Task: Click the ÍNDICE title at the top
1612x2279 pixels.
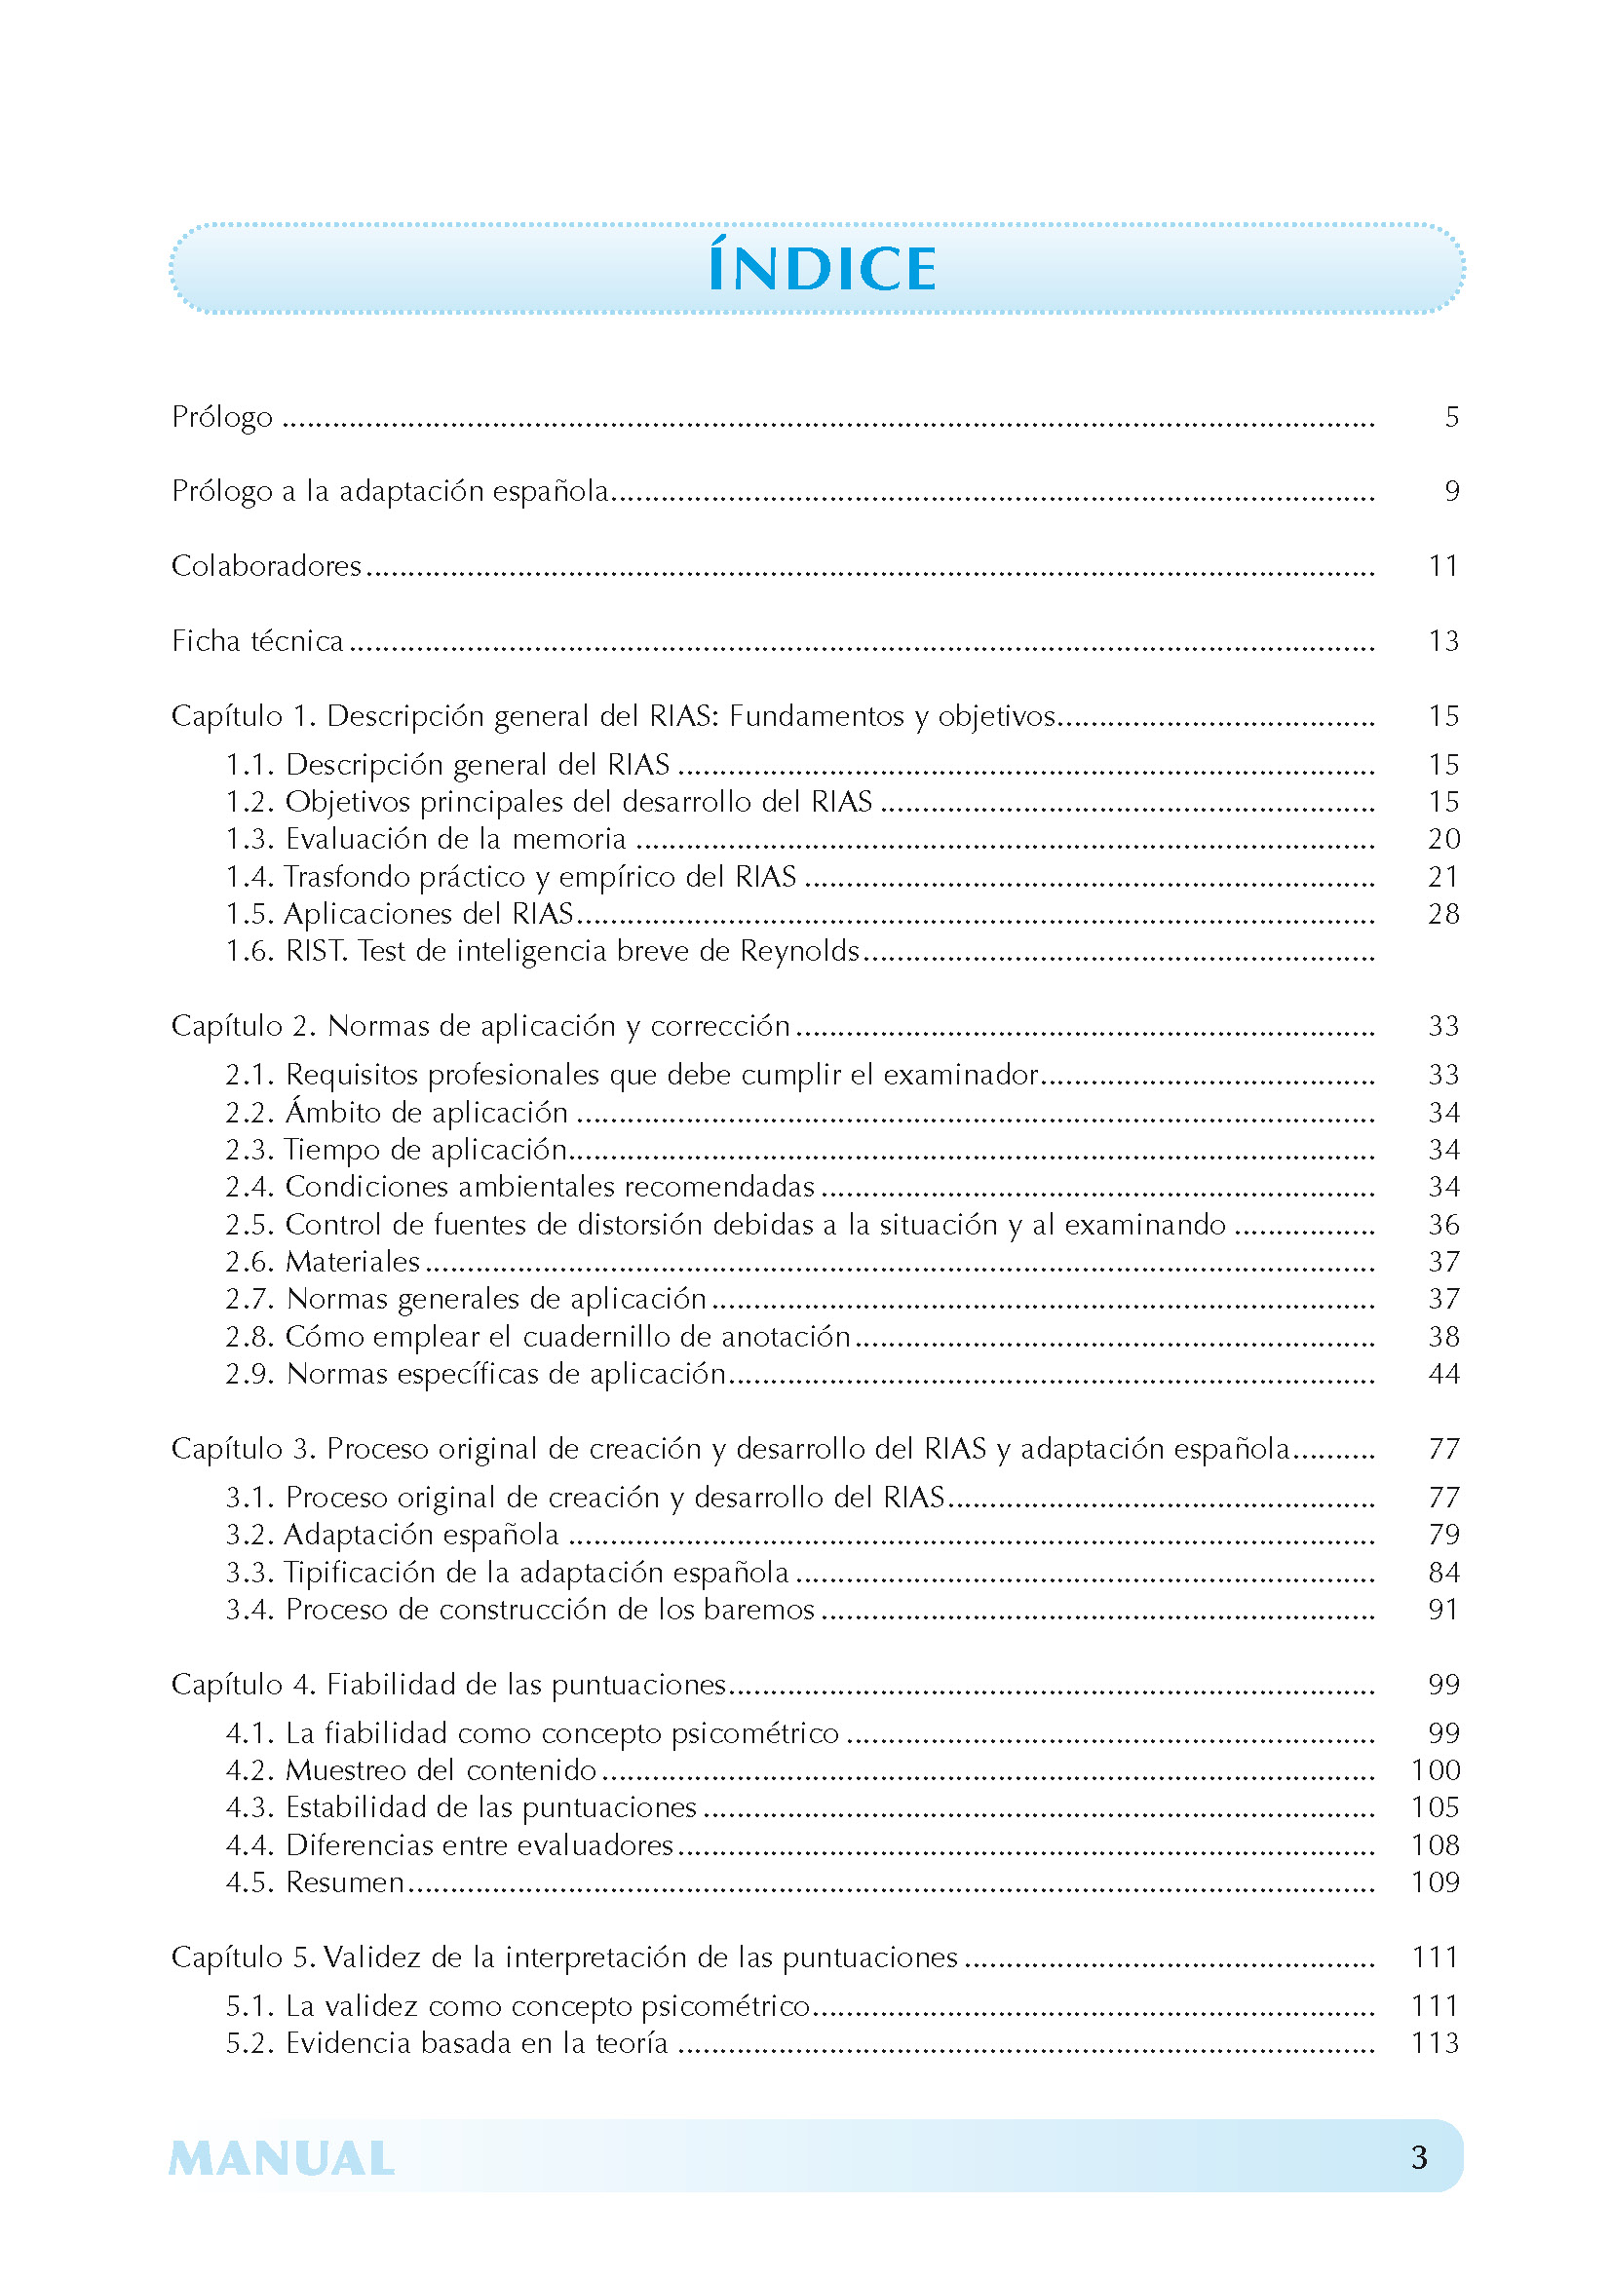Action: click(x=822, y=269)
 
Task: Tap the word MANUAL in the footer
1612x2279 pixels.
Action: click(x=282, y=2159)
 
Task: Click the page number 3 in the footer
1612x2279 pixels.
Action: click(x=1419, y=2157)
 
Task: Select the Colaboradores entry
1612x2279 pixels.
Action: click(x=266, y=566)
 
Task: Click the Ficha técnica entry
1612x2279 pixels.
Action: click(x=257, y=641)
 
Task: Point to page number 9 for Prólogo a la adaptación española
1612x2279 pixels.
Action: click(x=1451, y=491)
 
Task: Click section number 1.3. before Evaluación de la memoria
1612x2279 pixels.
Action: click(x=249, y=840)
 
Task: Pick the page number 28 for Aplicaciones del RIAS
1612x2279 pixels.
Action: click(x=1443, y=914)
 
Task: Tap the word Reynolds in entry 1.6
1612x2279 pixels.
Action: click(x=799, y=952)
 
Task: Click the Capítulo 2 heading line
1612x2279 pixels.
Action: click(x=480, y=1026)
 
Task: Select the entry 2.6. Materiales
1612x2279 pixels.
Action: click(x=323, y=1262)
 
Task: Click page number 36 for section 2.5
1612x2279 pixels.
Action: click(x=1443, y=1225)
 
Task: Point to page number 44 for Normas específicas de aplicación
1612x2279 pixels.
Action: click(x=1443, y=1375)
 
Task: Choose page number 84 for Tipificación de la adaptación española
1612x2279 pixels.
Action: click(x=1443, y=1574)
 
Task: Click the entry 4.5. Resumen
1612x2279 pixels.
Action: click(x=315, y=1883)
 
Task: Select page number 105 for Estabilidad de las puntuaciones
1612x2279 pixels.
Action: click(x=1436, y=1807)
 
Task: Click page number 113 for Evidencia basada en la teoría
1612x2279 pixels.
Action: click(x=1436, y=2044)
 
